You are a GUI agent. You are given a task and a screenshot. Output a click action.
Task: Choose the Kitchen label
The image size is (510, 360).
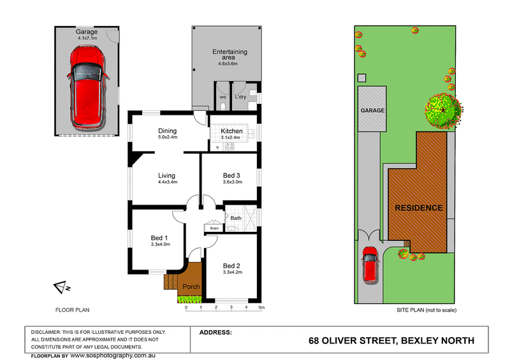pyautogui.click(x=231, y=131)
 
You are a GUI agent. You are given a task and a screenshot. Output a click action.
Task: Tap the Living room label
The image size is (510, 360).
pyautogui.click(x=168, y=175)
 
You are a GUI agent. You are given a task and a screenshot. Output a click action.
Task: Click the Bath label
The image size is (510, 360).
pyautogui.click(x=236, y=218)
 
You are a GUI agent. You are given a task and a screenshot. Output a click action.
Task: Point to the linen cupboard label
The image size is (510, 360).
pyautogui.click(x=214, y=228)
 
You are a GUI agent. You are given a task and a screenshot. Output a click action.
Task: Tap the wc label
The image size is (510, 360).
pyautogui.click(x=223, y=97)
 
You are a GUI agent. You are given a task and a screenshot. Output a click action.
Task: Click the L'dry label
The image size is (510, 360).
pyautogui.click(x=241, y=97)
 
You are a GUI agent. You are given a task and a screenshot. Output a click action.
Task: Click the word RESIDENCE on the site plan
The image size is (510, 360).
pyautogui.click(x=418, y=208)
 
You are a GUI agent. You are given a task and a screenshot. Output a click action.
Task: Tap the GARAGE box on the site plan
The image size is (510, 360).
pyautogui.click(x=373, y=110)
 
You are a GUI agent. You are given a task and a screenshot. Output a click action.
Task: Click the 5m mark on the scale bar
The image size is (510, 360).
pyautogui.click(x=261, y=308)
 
